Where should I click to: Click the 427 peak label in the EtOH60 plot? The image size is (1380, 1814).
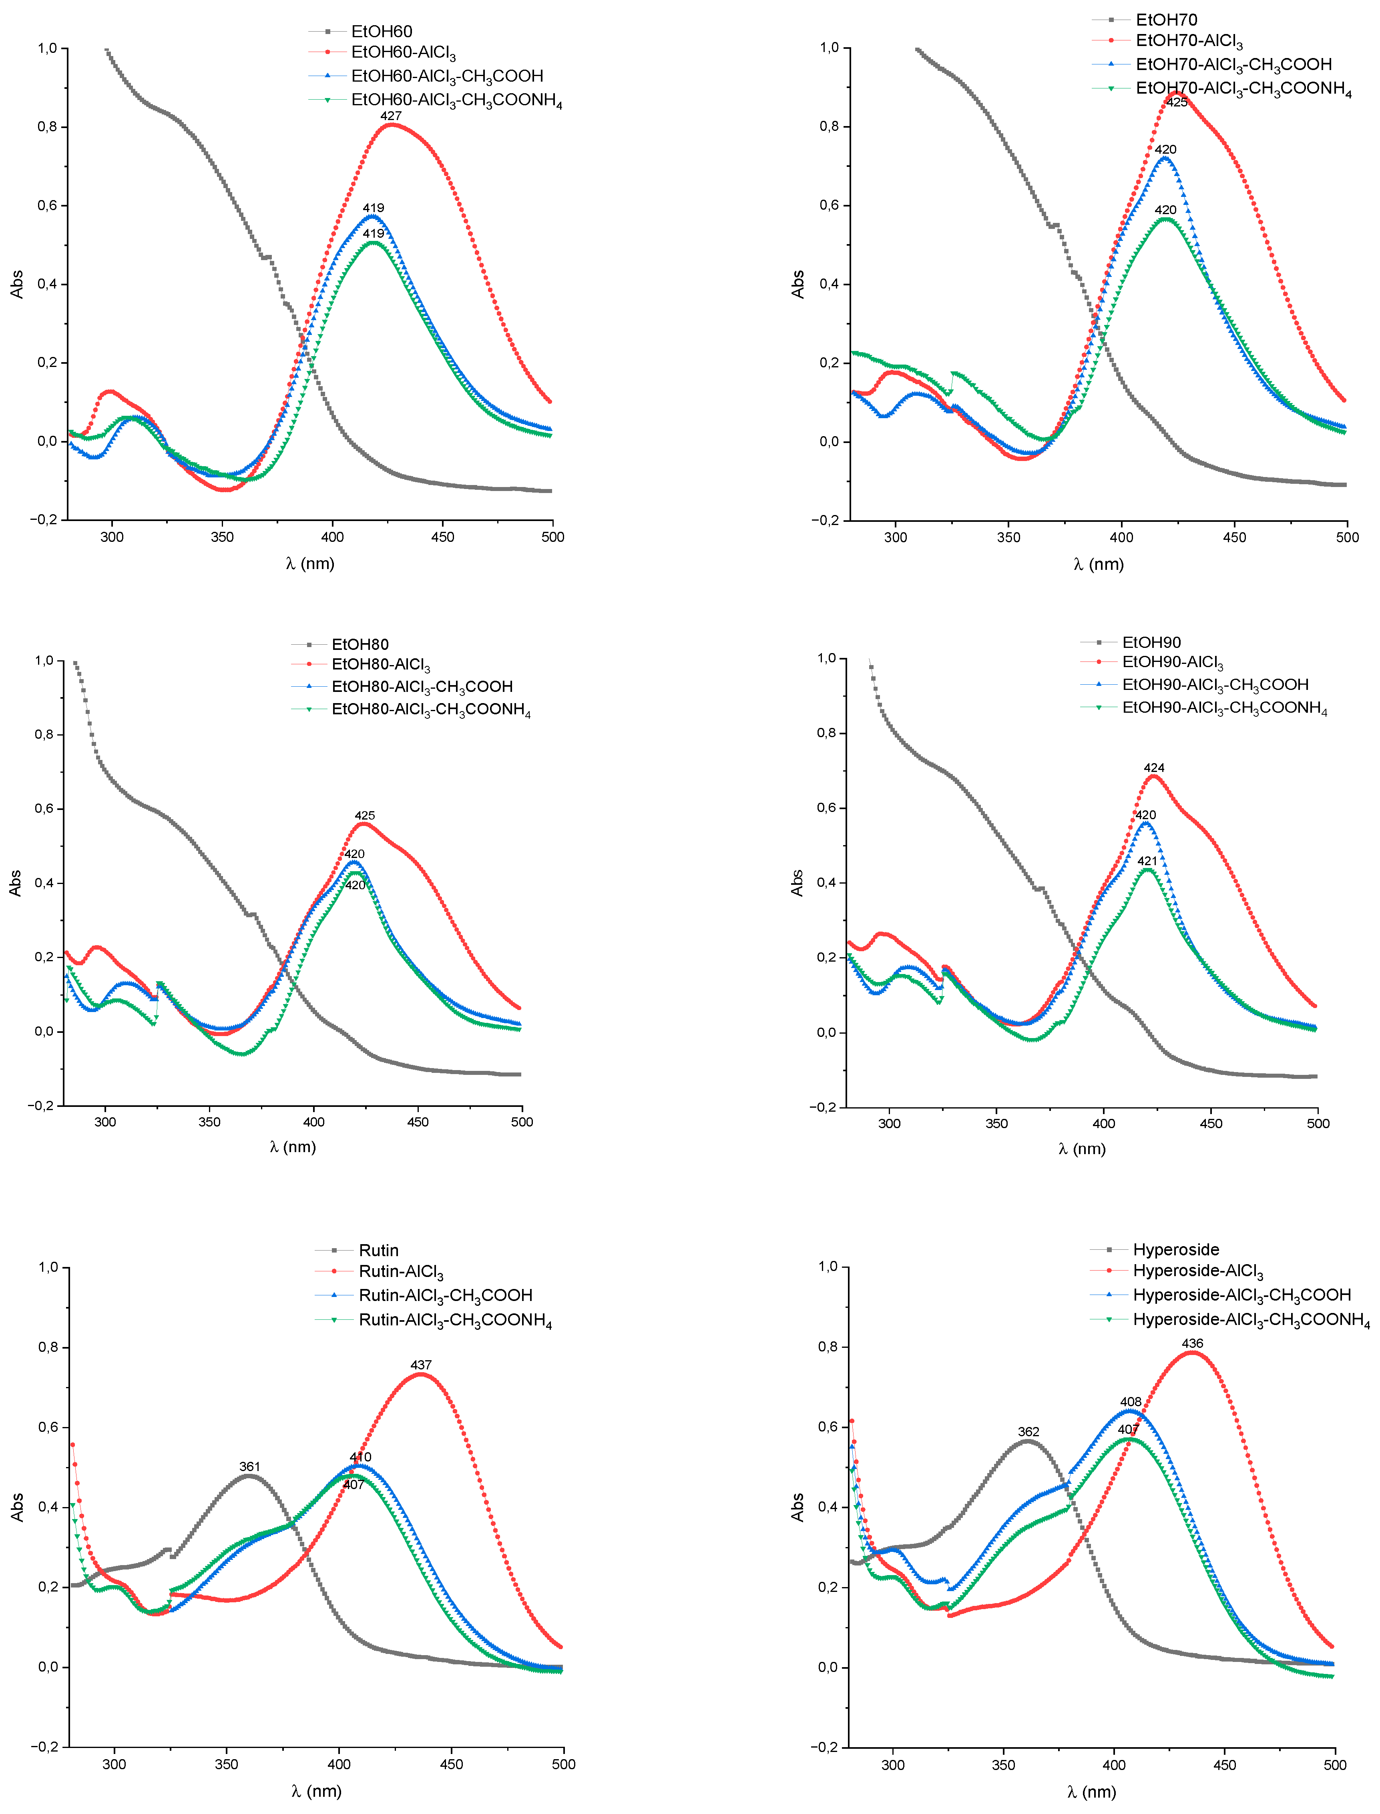[391, 116]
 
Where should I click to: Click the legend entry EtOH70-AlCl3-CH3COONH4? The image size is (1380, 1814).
[1243, 89]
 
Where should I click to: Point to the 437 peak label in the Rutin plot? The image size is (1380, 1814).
[421, 1365]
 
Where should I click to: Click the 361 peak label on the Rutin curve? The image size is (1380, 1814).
[250, 1467]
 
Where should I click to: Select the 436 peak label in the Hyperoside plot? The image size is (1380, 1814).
[1192, 1343]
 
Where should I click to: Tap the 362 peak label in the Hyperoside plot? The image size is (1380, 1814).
[1028, 1431]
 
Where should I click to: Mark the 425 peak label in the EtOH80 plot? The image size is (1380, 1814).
[365, 816]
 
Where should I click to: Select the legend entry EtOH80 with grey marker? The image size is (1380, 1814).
[360, 645]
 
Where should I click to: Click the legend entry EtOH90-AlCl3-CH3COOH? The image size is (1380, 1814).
[1215, 685]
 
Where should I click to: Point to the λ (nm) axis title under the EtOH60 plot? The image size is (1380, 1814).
[311, 563]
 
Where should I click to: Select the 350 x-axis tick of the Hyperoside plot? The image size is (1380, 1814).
[1003, 1764]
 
